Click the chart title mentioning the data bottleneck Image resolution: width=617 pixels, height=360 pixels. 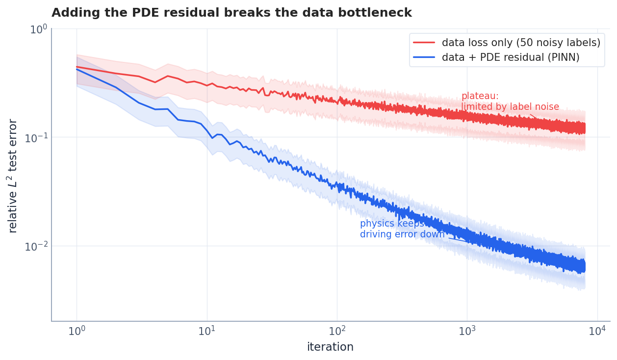tap(231, 13)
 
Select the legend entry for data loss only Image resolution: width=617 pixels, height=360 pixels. tap(521, 43)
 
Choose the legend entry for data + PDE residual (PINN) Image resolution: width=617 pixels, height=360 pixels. tap(511, 57)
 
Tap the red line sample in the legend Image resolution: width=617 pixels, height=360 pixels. tap(424, 43)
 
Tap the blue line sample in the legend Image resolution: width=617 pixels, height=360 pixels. tap(424, 57)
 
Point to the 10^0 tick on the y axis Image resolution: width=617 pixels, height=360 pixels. tap(38, 29)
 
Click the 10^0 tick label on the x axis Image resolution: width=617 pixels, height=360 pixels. tap(77, 331)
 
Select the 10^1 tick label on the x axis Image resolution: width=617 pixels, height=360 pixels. tap(207, 331)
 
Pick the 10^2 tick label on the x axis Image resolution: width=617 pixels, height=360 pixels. tap(337, 331)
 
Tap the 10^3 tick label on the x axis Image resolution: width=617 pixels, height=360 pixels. tap(467, 331)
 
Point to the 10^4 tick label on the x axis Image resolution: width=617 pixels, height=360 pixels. tap(597, 331)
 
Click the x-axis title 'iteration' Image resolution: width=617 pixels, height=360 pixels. tap(330, 347)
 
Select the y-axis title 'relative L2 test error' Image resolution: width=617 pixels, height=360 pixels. tap(13, 176)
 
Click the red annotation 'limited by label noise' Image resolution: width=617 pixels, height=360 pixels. tap(510, 107)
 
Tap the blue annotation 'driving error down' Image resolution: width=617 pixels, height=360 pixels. tap(402, 234)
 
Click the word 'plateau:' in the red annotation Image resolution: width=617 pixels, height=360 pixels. tap(480, 96)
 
